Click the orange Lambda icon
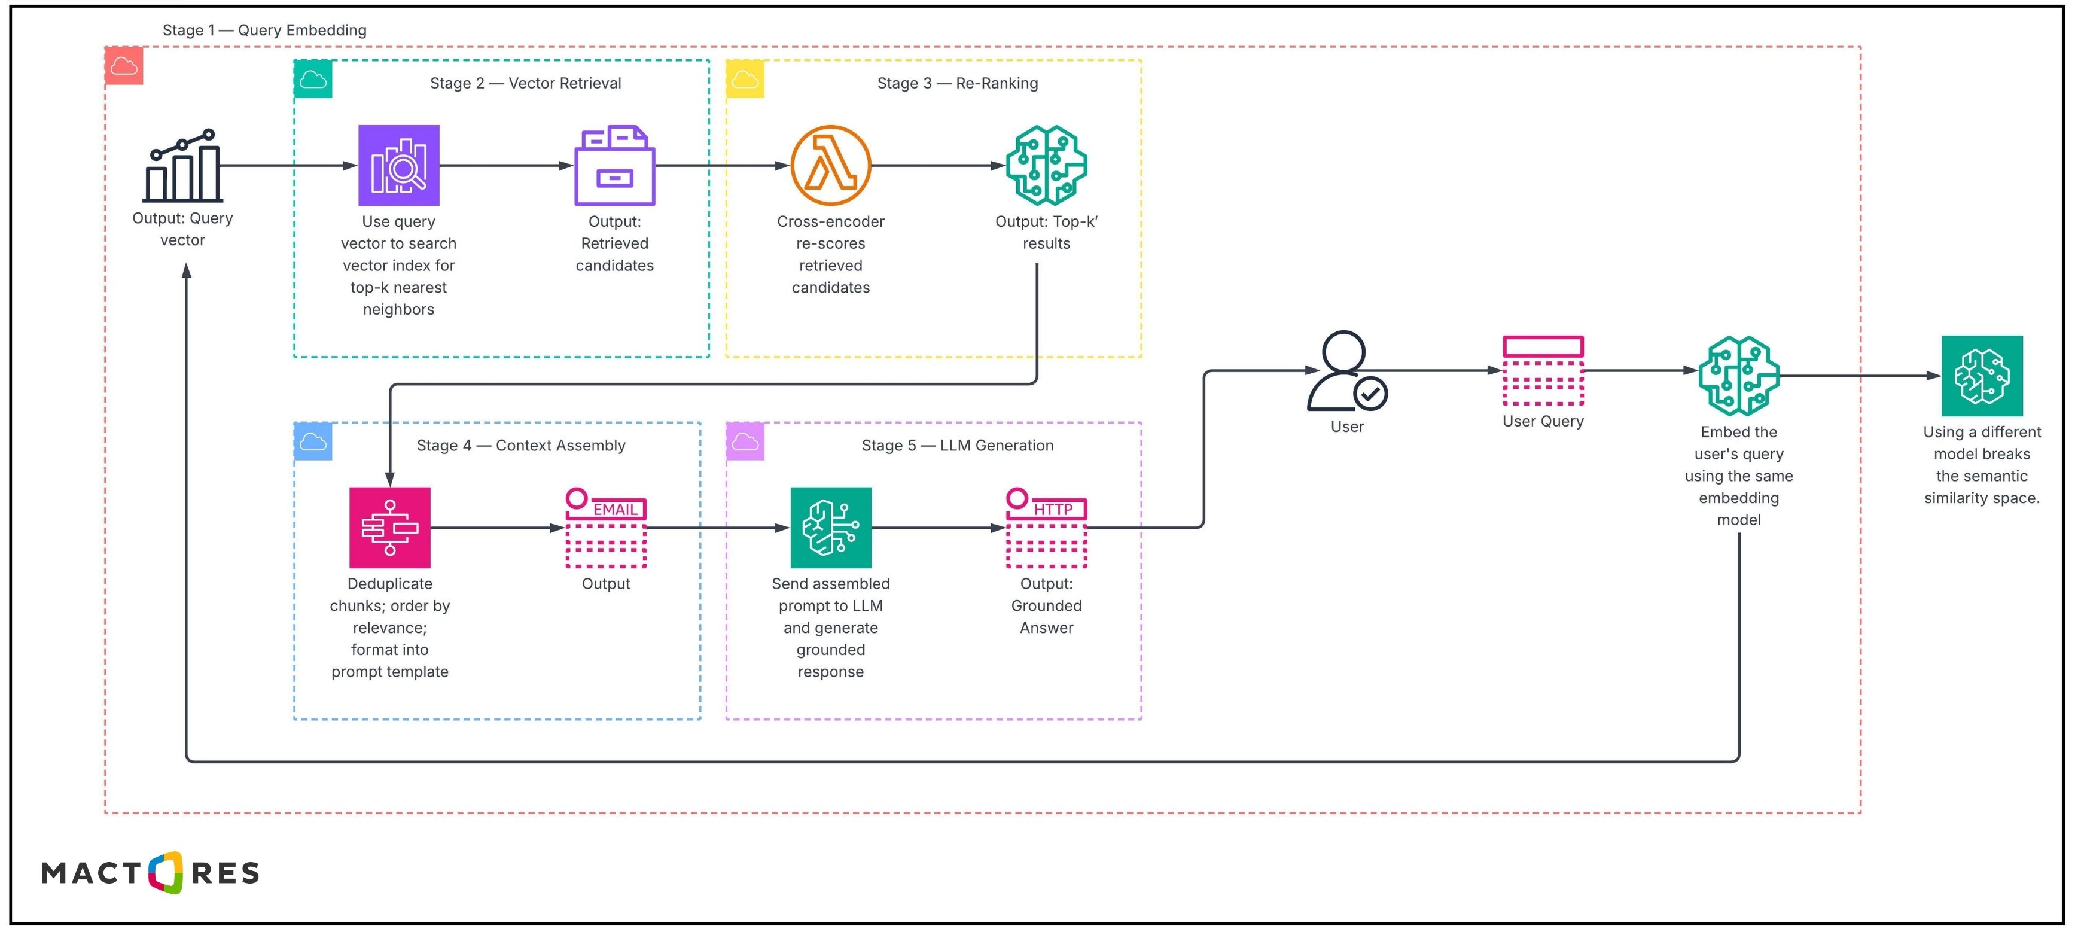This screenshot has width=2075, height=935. coord(830,165)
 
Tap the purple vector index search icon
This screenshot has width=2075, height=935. coord(399,165)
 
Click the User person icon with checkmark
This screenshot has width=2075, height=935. coord(1346,371)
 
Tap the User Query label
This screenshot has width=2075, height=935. coord(1543,421)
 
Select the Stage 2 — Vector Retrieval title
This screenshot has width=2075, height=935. coord(525,83)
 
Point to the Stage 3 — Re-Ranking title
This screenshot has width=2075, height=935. coord(957,83)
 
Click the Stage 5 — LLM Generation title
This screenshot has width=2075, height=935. coord(957,445)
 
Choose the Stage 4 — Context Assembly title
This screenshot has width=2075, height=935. coord(520,445)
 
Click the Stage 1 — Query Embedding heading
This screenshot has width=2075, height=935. coord(264,30)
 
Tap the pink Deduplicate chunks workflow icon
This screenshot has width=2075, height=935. coord(390,528)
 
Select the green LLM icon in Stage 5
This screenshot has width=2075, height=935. coord(830,528)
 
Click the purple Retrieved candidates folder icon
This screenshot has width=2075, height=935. coord(615,165)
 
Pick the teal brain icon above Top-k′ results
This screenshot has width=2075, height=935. coord(1046,165)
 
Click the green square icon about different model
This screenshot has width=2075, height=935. coord(1982,375)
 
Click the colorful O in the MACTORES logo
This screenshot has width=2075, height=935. coord(166,872)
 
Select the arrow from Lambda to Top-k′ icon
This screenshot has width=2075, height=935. coord(939,165)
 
